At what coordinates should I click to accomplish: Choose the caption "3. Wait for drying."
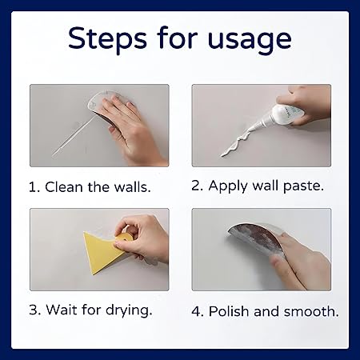click(89, 310)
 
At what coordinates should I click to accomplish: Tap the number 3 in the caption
click(34, 310)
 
